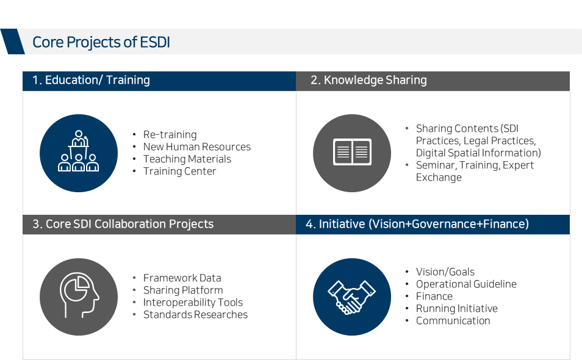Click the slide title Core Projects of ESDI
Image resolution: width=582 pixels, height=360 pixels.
tap(101, 42)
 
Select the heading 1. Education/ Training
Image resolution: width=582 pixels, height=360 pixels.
tap(91, 80)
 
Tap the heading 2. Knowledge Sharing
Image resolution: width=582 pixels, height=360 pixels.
tap(368, 80)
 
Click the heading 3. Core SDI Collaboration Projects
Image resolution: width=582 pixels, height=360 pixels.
tap(123, 224)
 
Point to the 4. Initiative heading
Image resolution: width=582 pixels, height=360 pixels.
tap(417, 224)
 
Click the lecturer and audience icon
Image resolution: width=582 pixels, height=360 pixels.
tap(79, 151)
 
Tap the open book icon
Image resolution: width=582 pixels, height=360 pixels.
tap(352, 152)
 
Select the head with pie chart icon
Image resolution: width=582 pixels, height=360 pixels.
tap(79, 295)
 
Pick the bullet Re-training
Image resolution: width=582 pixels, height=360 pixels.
tap(170, 134)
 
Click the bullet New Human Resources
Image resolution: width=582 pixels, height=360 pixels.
tap(197, 146)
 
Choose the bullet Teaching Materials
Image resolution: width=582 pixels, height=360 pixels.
tap(187, 159)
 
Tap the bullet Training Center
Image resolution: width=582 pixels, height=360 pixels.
tap(179, 171)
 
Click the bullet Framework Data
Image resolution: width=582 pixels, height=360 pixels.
tap(182, 278)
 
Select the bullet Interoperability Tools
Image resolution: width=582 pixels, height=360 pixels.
tap(193, 302)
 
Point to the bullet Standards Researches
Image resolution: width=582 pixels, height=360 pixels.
tap(196, 314)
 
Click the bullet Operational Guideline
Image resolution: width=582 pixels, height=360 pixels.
tap(466, 284)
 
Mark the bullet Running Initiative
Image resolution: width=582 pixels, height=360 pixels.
tap(457, 308)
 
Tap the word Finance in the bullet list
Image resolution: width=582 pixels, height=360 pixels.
tap(434, 296)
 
